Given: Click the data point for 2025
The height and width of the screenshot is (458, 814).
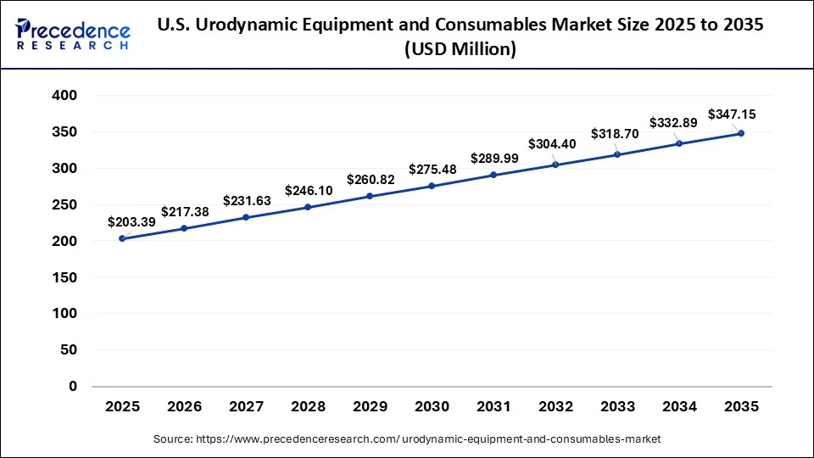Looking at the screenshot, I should click(x=122, y=238).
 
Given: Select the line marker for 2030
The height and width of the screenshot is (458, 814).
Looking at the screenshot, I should click(x=432, y=186).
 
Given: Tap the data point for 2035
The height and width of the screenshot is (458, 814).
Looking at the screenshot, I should click(x=741, y=133).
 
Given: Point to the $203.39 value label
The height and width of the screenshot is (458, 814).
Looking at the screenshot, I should click(x=131, y=222).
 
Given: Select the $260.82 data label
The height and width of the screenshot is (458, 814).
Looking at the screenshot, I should click(x=371, y=180).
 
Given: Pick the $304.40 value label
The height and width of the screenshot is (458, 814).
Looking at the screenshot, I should click(x=552, y=144).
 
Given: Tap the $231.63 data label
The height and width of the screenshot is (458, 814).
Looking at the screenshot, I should click(x=247, y=201).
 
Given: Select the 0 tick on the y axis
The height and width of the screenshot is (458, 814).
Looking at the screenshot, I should click(x=72, y=386).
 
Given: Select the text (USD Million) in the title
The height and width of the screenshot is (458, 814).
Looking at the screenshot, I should click(x=460, y=50).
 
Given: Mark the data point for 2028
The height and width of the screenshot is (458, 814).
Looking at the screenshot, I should click(x=308, y=207).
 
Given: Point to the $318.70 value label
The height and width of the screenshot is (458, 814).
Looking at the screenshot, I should click(x=615, y=134).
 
